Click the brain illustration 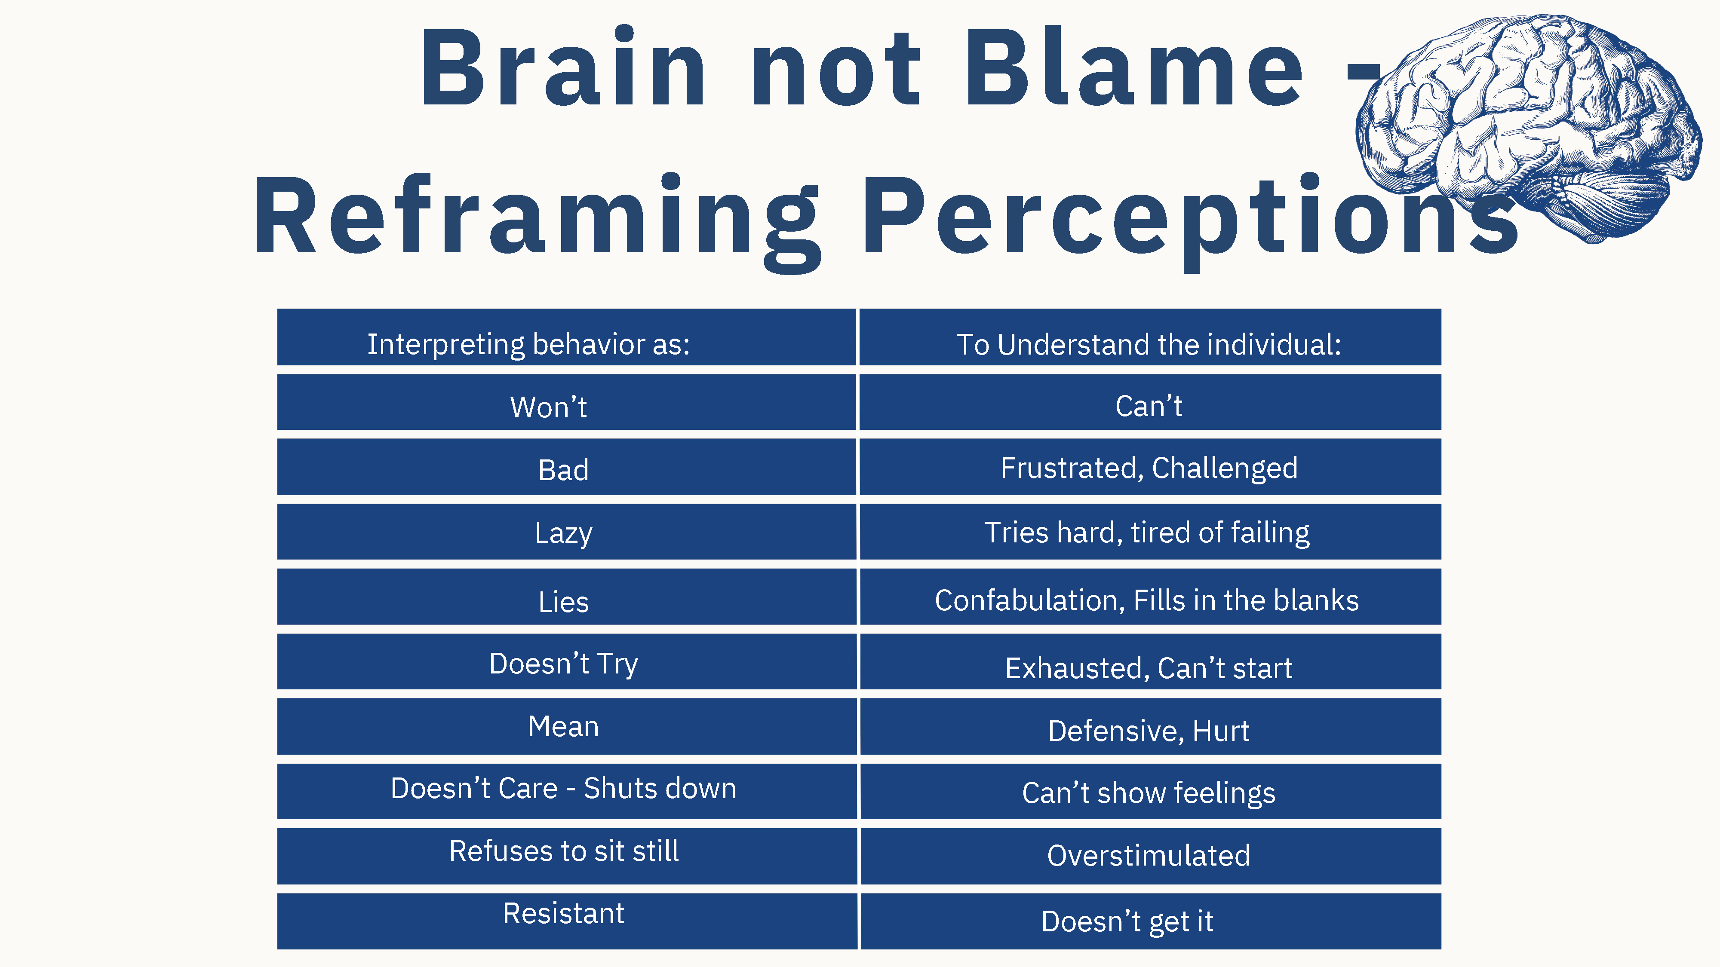(x=1529, y=127)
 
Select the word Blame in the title (x=1134, y=67)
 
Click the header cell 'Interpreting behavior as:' (x=566, y=337)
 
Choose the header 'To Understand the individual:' (x=1150, y=337)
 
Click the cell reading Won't (x=566, y=402)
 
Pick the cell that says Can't (x=1150, y=402)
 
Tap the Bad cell (x=566, y=466)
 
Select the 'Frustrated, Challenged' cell (x=1150, y=466)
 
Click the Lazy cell (x=566, y=531)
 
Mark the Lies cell (x=566, y=597)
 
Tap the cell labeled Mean (x=566, y=726)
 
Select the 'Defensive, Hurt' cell (x=1150, y=726)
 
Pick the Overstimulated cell (x=1150, y=856)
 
